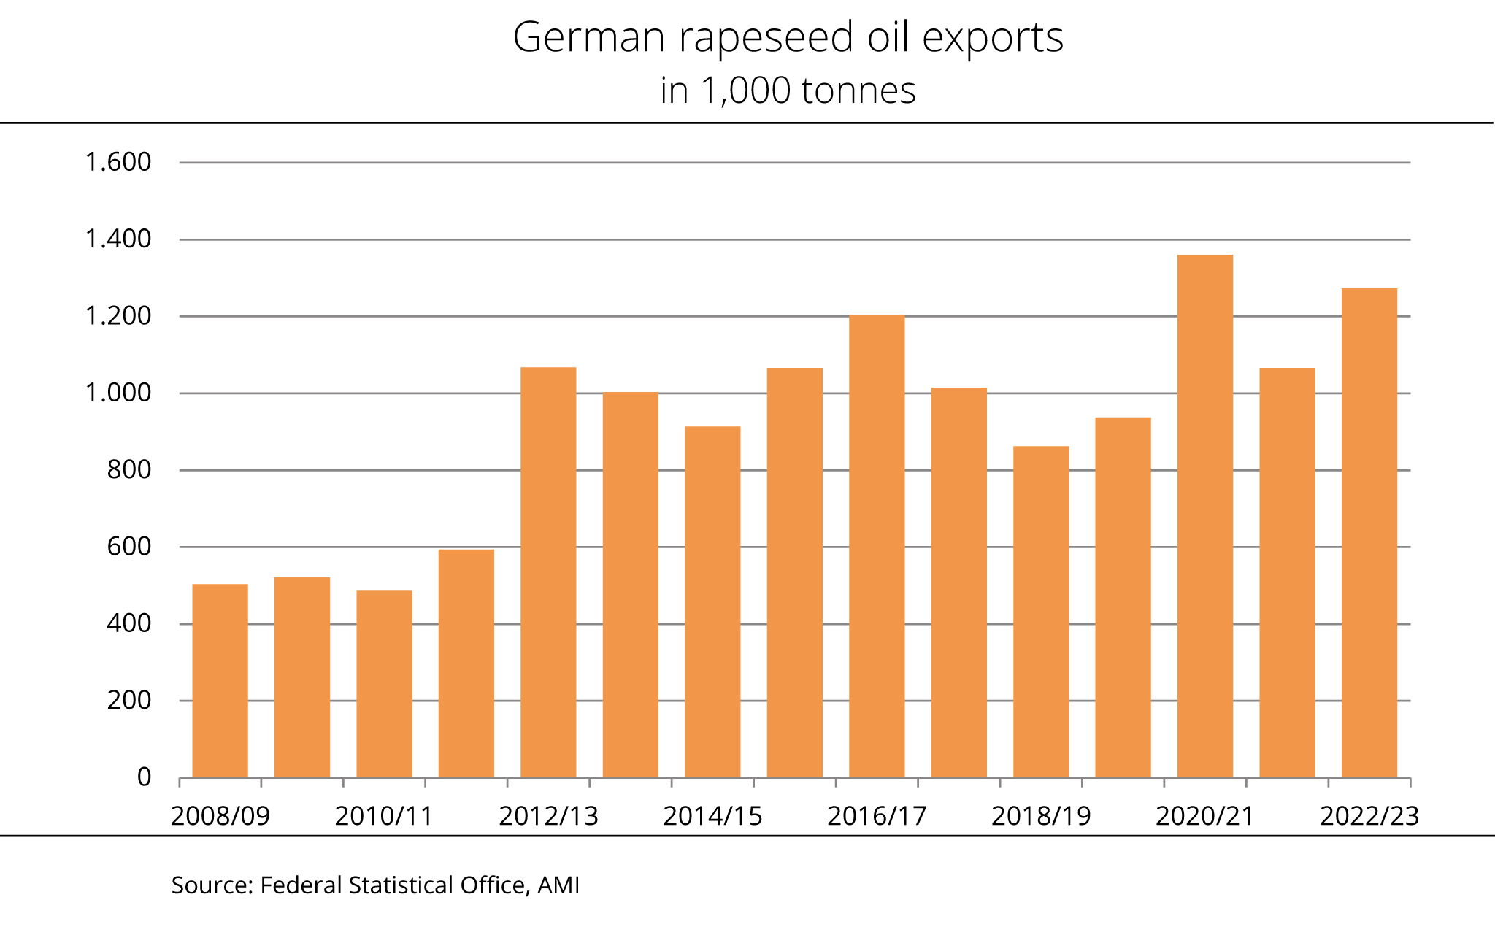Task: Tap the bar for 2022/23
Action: pos(1369,533)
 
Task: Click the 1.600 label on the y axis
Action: pos(118,162)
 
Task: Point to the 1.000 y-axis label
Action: pos(118,393)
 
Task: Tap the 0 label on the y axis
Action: pos(144,777)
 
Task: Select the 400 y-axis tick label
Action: pos(128,623)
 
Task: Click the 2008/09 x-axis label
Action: pos(220,816)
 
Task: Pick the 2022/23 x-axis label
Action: pos(1369,816)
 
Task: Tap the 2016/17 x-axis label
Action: pos(877,816)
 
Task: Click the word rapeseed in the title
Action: pos(766,38)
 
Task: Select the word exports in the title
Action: pos(993,38)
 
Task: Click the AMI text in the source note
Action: pos(558,885)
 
